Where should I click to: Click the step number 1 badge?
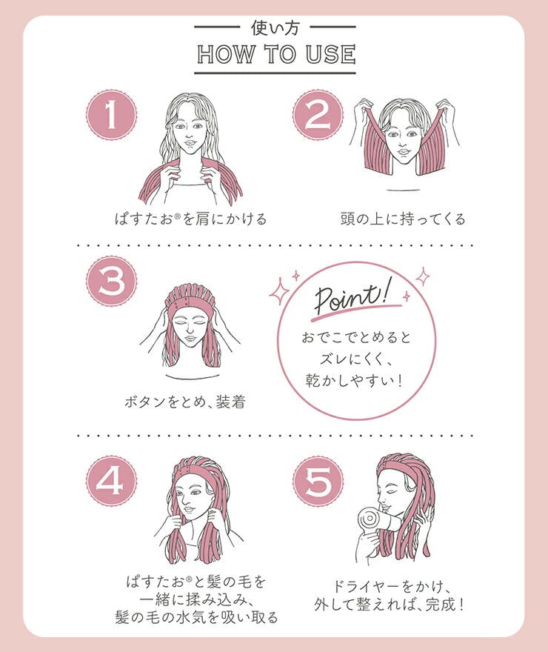pyautogui.click(x=111, y=114)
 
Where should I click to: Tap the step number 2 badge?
pyautogui.click(x=318, y=114)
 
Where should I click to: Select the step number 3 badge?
pyautogui.click(x=111, y=281)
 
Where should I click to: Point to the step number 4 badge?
pyautogui.click(x=111, y=481)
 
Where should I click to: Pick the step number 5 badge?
pyautogui.click(x=318, y=481)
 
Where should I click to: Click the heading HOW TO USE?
pyautogui.click(x=276, y=55)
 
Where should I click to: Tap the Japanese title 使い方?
pyautogui.click(x=275, y=27)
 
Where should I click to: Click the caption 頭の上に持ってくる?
pyautogui.click(x=403, y=219)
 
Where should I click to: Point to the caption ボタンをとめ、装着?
pyautogui.click(x=185, y=402)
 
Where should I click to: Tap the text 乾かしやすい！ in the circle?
pyautogui.click(x=355, y=380)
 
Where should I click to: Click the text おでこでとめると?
pyautogui.click(x=356, y=337)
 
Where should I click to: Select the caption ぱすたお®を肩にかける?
pyautogui.click(x=191, y=219)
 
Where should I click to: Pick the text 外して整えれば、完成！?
pyautogui.click(x=389, y=605)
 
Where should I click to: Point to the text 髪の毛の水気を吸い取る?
pyautogui.click(x=196, y=617)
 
